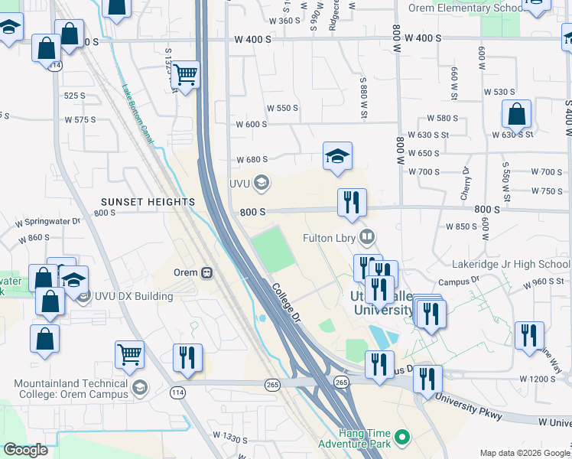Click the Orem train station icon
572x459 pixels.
(x=206, y=272)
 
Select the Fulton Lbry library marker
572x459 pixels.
(x=368, y=237)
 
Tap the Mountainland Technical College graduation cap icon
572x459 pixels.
(x=139, y=389)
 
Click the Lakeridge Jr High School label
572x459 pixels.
(x=522, y=265)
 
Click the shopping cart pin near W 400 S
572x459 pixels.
(x=185, y=75)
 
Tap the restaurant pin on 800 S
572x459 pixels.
(x=352, y=203)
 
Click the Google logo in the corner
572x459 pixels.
(x=25, y=450)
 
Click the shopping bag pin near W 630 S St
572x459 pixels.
(x=516, y=116)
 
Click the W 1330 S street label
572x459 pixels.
(x=232, y=436)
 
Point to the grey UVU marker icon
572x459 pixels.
(x=262, y=182)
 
